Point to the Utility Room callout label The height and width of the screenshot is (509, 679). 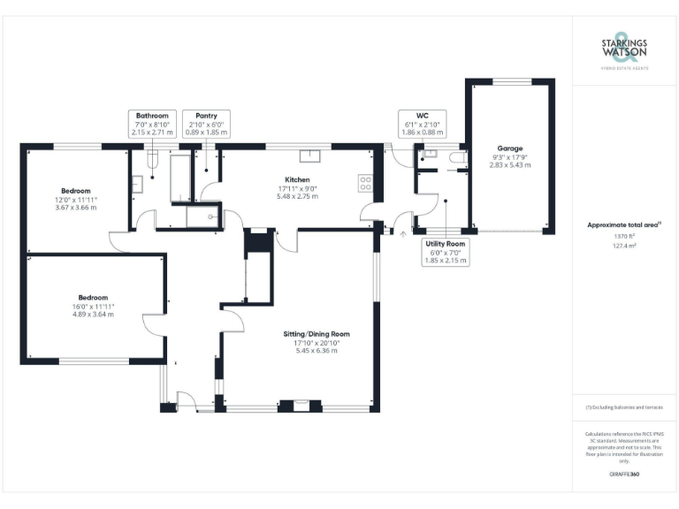click(446, 252)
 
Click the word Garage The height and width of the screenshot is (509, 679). click(510, 148)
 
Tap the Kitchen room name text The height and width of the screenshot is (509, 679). click(297, 179)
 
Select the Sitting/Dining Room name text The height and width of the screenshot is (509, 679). click(317, 334)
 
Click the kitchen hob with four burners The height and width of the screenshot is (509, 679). click(366, 183)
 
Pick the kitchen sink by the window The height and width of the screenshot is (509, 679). click(309, 156)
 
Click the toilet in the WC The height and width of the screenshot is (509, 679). click(457, 157)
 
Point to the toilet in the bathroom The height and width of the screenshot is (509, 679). click(150, 162)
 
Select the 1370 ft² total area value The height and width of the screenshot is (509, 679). click(624, 236)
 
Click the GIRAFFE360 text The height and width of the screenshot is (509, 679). click(624, 475)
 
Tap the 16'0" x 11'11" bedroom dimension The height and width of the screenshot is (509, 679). click(93, 306)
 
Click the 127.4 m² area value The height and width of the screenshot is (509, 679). click(624, 247)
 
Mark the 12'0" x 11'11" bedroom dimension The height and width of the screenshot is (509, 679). click(75, 200)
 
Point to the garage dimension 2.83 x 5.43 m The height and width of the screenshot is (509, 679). click(510, 164)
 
